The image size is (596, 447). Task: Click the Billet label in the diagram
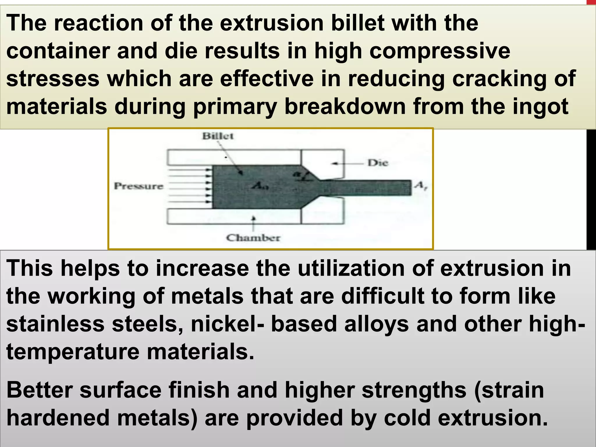(x=218, y=136)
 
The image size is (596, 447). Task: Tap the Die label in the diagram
(x=377, y=163)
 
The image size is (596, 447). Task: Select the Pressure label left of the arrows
(x=139, y=186)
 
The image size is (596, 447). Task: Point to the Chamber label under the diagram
(x=253, y=238)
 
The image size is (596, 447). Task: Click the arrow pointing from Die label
(x=348, y=164)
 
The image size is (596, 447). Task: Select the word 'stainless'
(x=55, y=324)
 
